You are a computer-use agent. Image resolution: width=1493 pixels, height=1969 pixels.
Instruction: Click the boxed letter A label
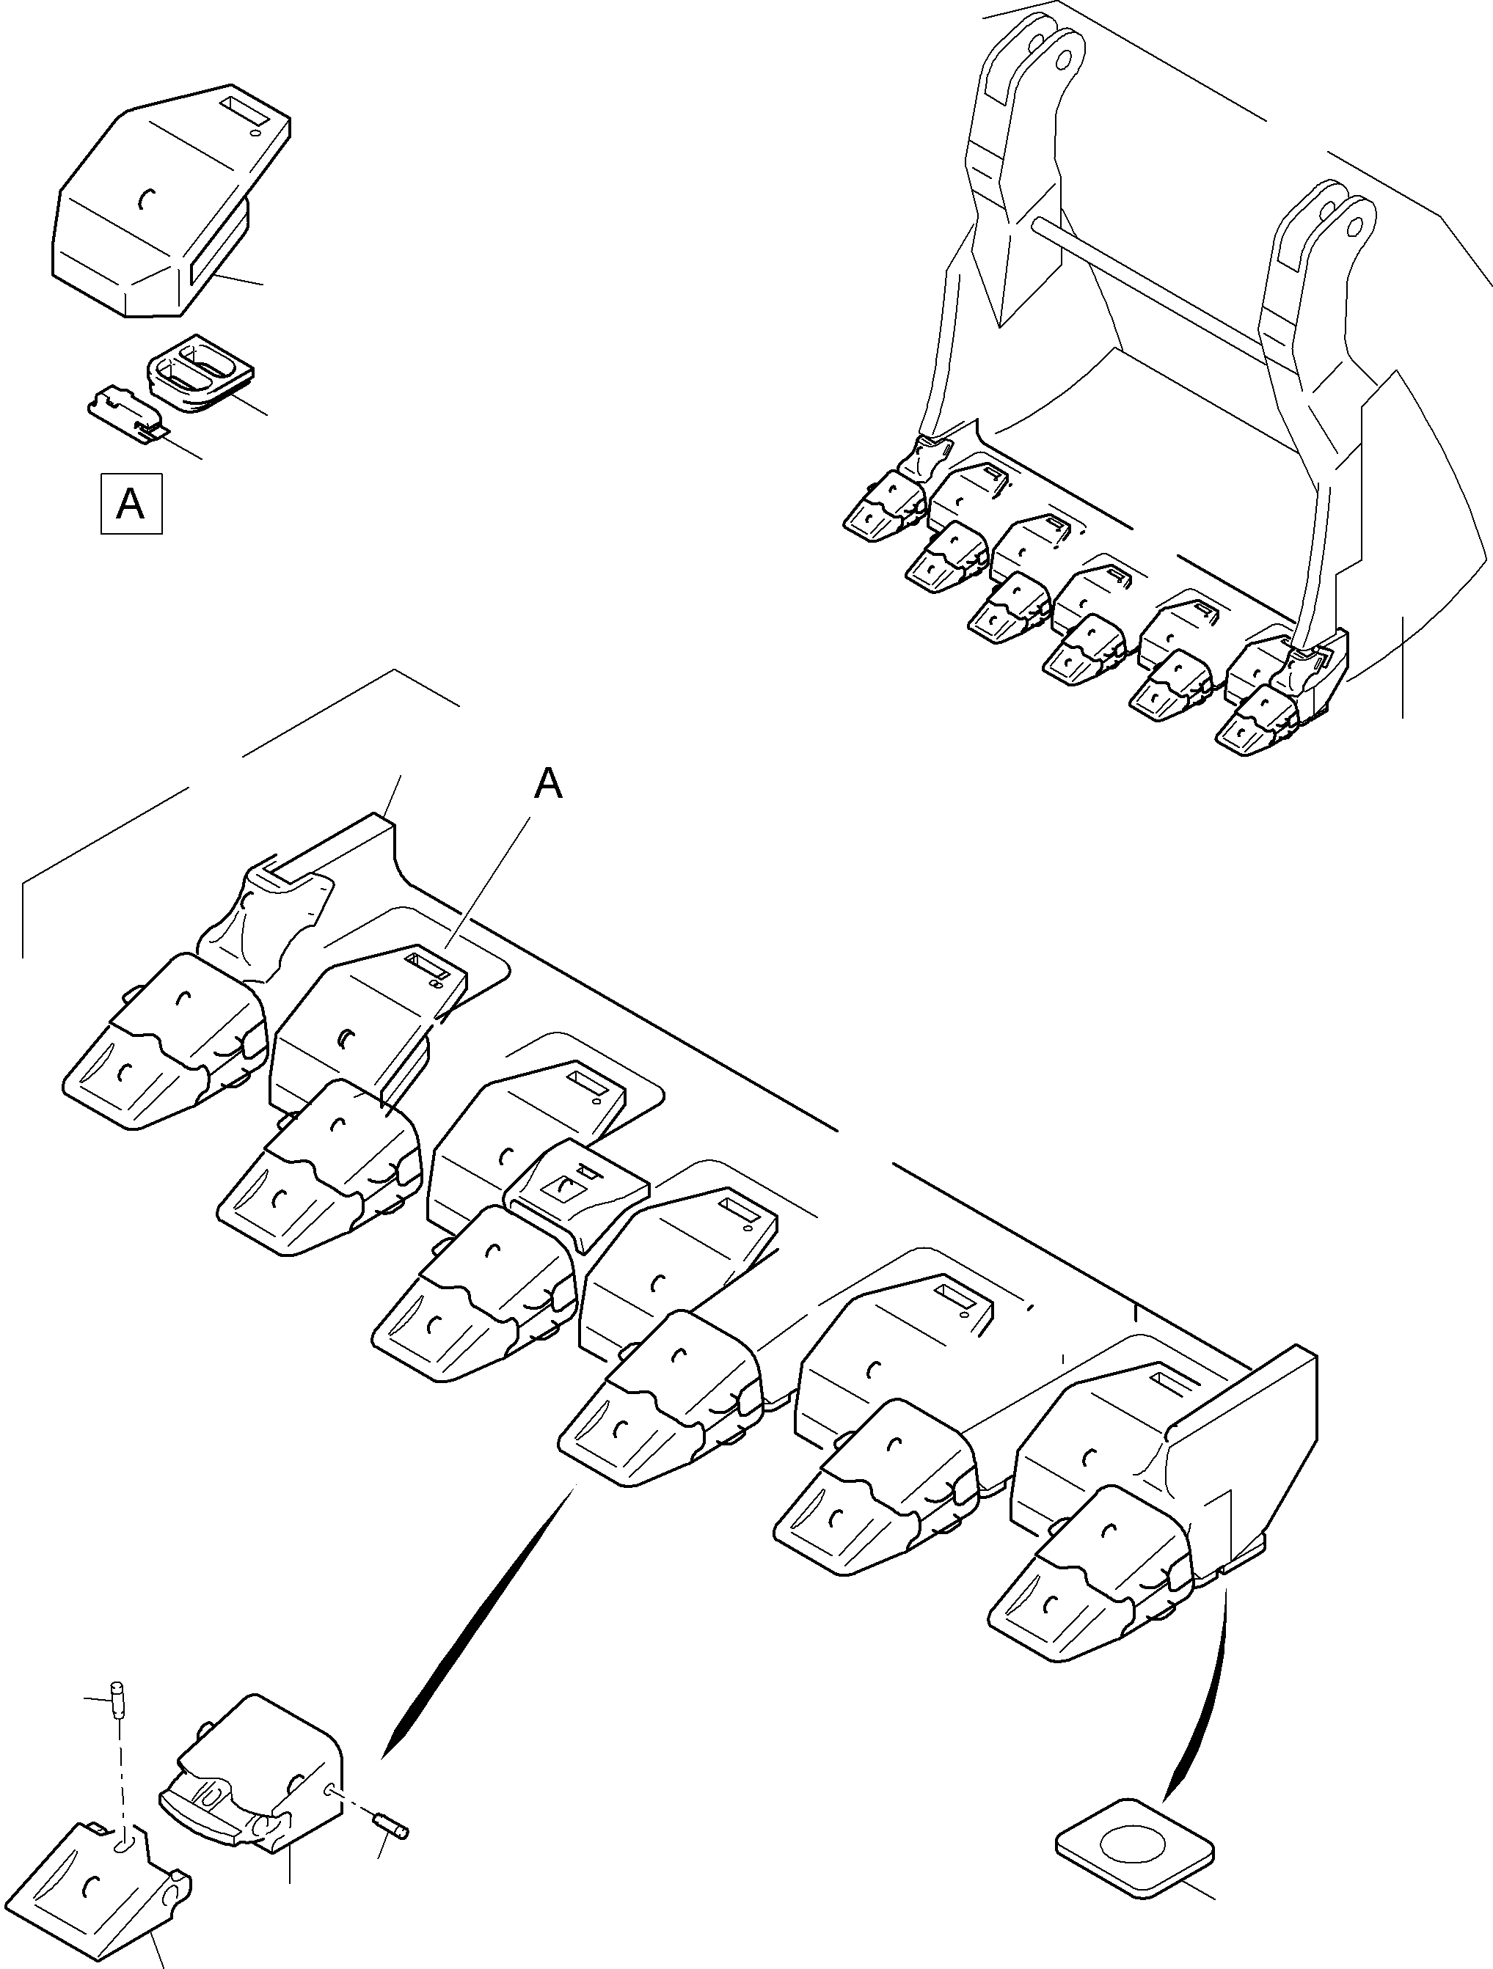pos(131,504)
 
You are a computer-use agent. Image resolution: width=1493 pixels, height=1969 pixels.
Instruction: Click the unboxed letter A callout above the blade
pos(549,784)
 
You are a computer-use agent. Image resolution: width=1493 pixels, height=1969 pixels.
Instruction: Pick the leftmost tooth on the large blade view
pos(164,1042)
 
